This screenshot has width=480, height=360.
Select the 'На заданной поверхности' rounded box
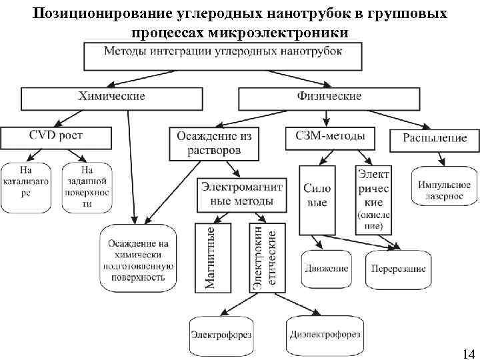[x=87, y=187]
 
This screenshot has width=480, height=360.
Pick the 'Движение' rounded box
[x=327, y=269]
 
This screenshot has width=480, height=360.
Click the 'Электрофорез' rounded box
[x=221, y=334]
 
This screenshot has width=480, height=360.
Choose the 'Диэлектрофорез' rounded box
[x=325, y=333]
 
